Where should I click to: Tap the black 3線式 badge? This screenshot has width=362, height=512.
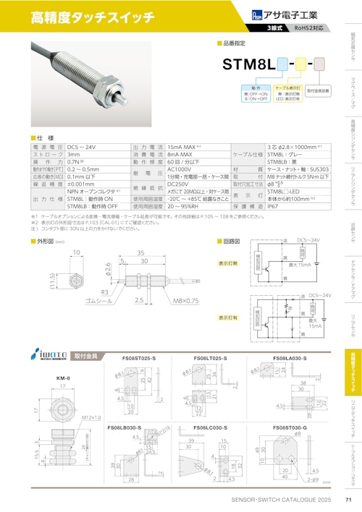coord(274,27)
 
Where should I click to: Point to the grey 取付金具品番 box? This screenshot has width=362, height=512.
coord(318,90)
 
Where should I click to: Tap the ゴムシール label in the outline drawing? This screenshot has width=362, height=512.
coord(98,299)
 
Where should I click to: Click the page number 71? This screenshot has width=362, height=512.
coord(348,500)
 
